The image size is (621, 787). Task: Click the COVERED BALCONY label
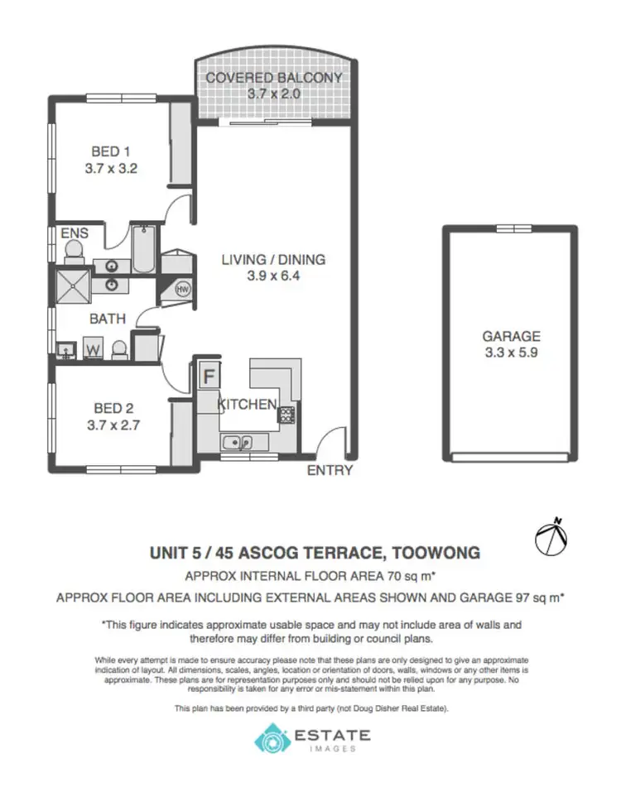point(273,78)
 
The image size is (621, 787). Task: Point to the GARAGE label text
point(511,336)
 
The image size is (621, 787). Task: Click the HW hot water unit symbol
point(184,289)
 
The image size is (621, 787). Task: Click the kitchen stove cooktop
point(286,414)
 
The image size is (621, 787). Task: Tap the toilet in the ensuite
point(75,251)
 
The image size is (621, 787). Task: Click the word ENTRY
point(330,471)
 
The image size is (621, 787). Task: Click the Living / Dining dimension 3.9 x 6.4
point(272,276)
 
